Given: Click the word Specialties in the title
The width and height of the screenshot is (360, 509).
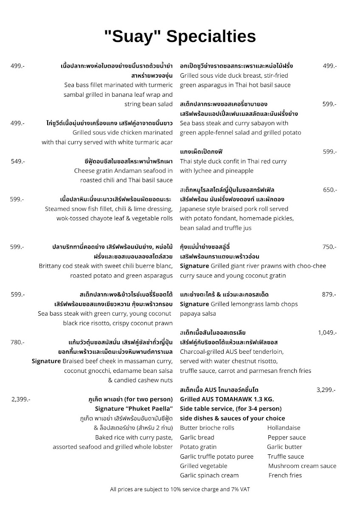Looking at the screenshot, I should coord(211,37).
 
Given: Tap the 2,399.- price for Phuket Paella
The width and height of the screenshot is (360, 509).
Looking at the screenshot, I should coord(20,399).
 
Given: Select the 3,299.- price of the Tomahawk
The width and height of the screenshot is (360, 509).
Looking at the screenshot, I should coord(326,389).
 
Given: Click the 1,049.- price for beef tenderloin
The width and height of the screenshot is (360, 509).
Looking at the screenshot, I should coord(327,333).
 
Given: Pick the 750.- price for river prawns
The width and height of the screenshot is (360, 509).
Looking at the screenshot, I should coord(329,247).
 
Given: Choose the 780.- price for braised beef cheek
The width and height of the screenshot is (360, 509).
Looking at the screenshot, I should coord(17,342).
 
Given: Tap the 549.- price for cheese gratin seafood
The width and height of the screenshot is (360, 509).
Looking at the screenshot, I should coord(17,161).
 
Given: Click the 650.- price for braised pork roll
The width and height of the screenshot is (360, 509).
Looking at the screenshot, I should coord(329,190).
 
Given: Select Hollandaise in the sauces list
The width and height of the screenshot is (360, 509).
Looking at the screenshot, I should coord(284,428).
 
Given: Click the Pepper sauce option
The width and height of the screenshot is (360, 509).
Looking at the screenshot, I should coord(287,437).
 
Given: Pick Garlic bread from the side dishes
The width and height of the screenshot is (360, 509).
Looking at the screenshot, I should coord(197,437).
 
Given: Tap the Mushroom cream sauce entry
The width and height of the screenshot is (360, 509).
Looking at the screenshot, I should coord(302,466).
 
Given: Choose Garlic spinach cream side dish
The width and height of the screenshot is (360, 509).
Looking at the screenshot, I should coord(209,475).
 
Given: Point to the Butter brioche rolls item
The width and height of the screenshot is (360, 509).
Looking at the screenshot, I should coord(207,428).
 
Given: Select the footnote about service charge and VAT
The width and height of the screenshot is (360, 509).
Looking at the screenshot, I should coord(180,489).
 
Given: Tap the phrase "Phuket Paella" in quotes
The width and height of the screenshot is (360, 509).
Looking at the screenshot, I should coord(148,409).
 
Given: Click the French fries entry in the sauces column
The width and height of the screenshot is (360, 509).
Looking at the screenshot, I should coord(285,475).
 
